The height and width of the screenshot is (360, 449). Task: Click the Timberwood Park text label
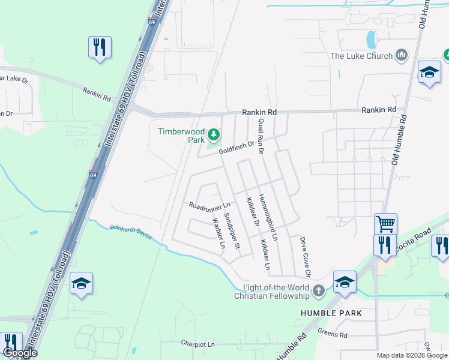(x=181, y=135)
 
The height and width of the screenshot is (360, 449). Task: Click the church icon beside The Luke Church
(x=402, y=56)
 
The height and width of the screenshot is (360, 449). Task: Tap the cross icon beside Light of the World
(x=319, y=292)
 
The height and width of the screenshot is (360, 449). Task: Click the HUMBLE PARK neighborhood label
(x=332, y=313)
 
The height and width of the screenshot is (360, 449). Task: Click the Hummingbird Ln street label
(x=268, y=217)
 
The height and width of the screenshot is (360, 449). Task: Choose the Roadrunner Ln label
(x=210, y=205)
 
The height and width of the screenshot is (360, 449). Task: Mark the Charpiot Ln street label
(x=197, y=344)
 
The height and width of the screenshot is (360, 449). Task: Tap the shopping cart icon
(x=385, y=224)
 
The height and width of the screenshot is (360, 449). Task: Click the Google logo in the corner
(x=19, y=353)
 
